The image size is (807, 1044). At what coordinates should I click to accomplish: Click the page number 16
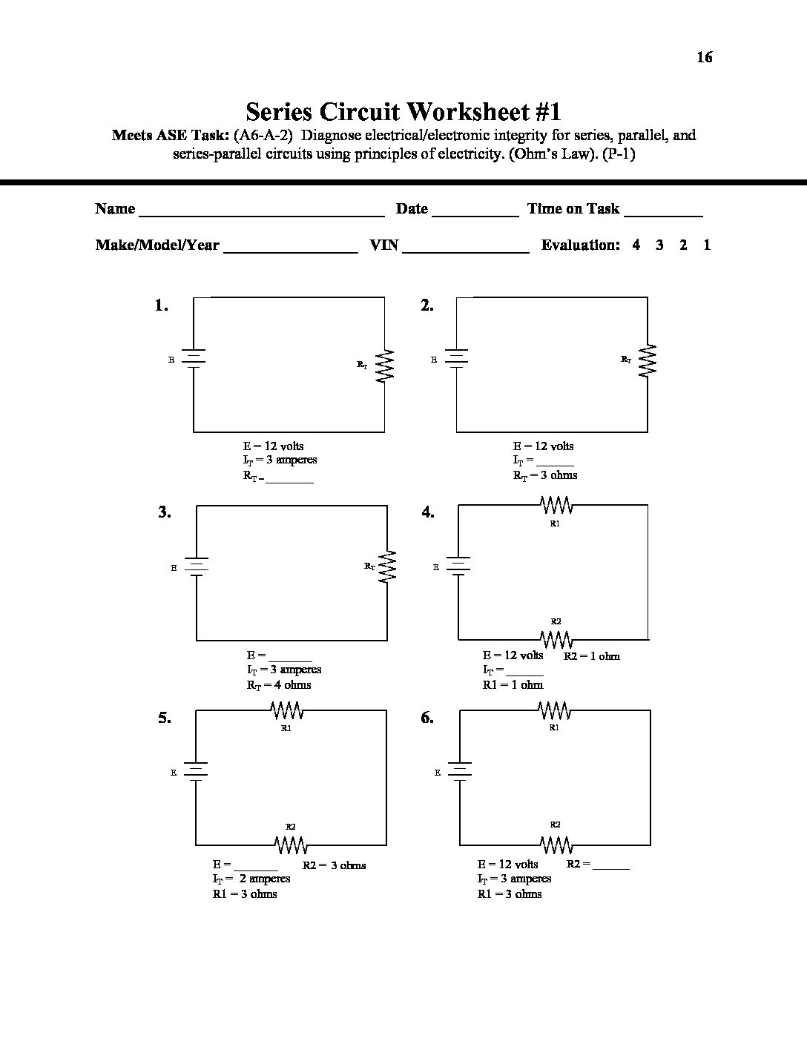(704, 57)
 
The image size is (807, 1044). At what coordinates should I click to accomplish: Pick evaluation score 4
(636, 245)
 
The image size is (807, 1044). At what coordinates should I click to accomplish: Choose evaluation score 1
(707, 245)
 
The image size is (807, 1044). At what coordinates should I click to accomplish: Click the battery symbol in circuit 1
(194, 359)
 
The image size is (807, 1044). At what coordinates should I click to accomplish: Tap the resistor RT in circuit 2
(648, 360)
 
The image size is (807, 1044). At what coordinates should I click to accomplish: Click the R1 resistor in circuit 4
(556, 506)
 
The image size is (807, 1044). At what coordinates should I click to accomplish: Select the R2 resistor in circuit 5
(291, 845)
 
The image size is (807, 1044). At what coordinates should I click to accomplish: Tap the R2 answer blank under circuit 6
(611, 866)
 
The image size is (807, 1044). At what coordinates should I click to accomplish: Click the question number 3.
(164, 512)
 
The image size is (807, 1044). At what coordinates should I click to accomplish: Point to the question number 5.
(164, 718)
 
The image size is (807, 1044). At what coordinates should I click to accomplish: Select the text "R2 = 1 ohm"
(592, 656)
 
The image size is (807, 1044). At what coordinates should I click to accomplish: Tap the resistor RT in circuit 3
(387, 566)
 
